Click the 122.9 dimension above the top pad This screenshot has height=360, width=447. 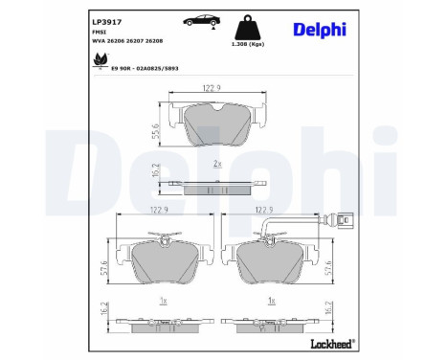pyautogui.click(x=212, y=88)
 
